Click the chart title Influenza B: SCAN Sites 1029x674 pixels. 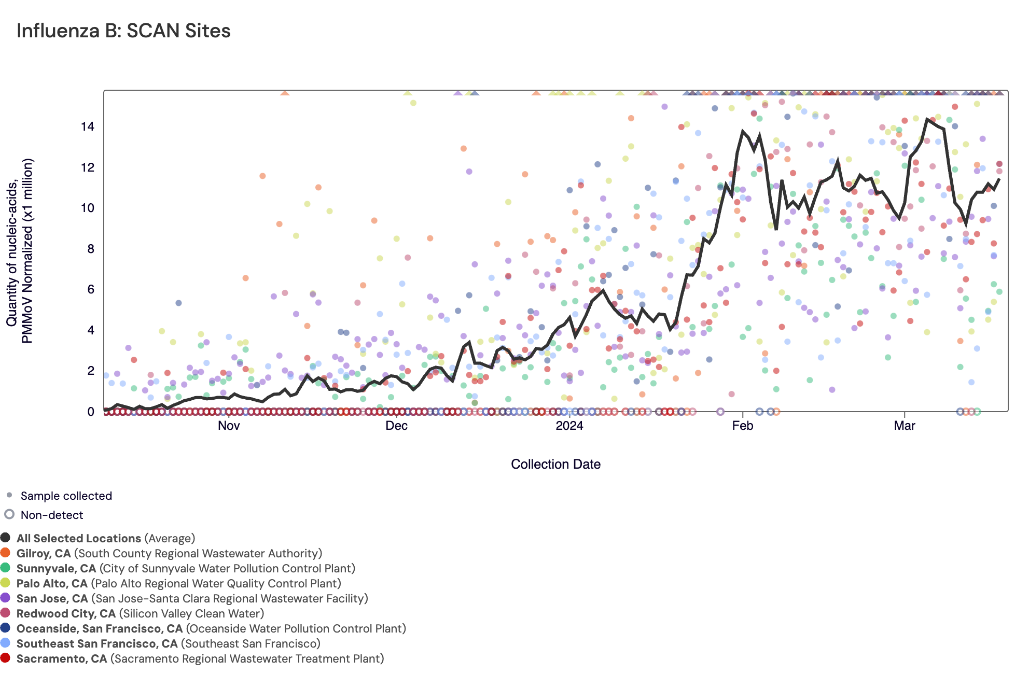point(123,31)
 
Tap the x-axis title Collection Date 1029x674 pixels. point(555,464)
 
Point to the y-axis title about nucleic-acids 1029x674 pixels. point(20,250)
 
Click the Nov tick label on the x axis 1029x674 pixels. point(229,426)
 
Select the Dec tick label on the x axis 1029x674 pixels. point(396,426)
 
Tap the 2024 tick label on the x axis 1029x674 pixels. point(569,426)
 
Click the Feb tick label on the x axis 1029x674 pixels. point(742,426)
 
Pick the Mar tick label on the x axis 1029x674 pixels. point(905,426)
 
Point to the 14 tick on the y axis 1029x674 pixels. point(88,127)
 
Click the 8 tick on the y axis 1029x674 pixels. point(91,249)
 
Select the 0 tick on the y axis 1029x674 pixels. point(91,412)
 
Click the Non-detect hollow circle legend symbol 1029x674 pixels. point(9,514)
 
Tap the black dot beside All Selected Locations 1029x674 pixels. point(6,538)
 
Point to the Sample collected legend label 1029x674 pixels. point(66,496)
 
